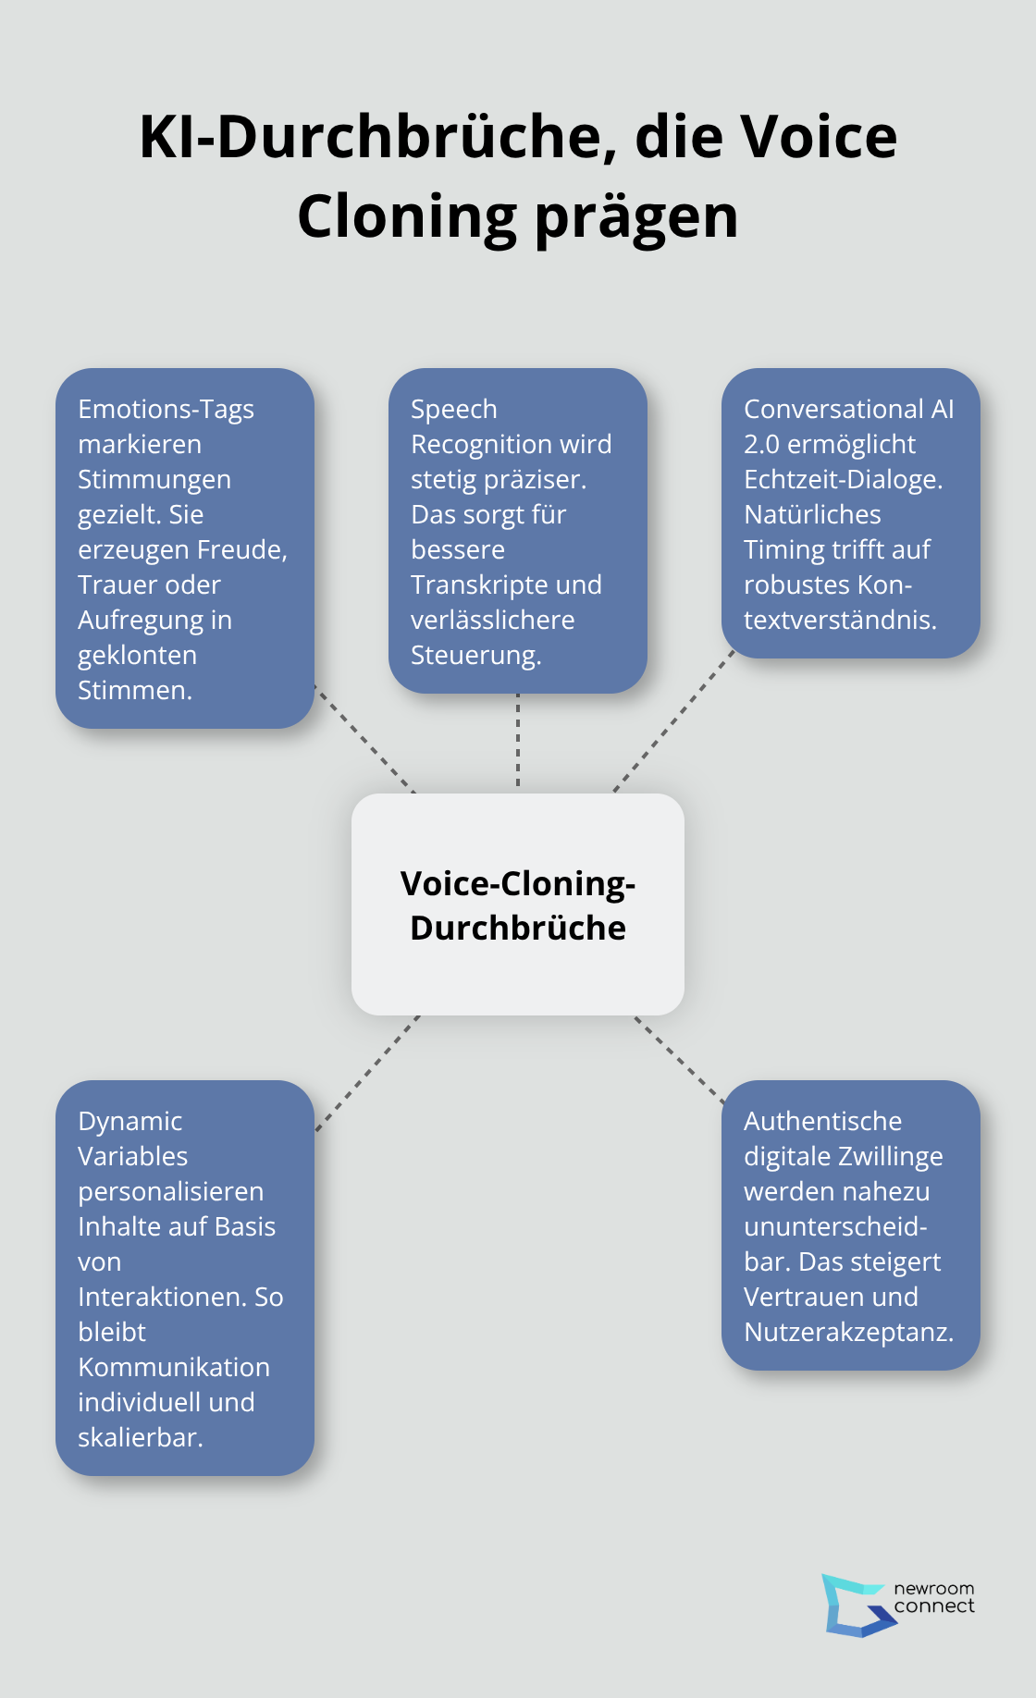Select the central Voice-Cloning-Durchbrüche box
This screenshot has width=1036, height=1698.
point(518,904)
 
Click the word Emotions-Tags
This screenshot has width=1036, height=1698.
point(166,409)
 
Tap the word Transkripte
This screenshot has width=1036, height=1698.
point(471,584)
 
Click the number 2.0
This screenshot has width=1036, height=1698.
point(761,444)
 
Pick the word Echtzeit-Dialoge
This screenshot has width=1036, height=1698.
point(843,479)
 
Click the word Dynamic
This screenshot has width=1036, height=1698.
point(129,1121)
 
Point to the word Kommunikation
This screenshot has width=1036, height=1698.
point(174,1367)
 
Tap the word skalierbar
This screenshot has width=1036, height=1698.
point(140,1437)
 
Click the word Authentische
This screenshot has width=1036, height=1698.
point(822,1121)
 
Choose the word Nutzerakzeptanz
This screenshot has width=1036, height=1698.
point(848,1332)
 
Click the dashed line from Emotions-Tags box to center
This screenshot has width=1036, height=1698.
point(365,739)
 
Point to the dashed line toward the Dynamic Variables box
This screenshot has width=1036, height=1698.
point(367,1073)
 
